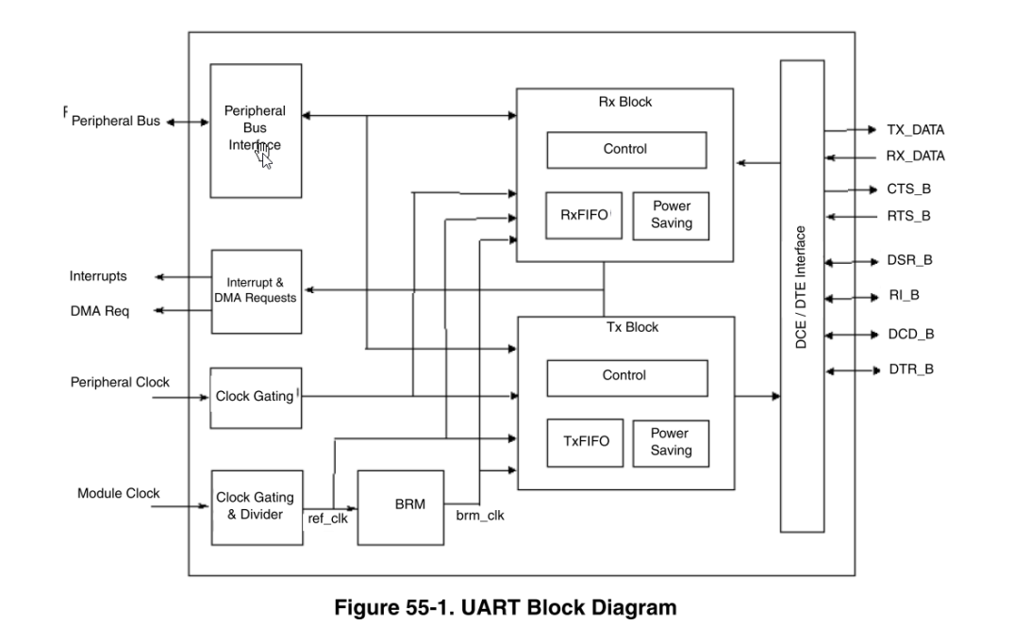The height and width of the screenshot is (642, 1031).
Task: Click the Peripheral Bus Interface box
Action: pyautogui.click(x=255, y=129)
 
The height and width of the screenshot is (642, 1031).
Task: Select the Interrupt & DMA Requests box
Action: pyautogui.click(x=256, y=290)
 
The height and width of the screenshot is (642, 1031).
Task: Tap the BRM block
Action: pyautogui.click(x=400, y=506)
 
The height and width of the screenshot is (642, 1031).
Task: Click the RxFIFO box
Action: pyautogui.click(x=584, y=215)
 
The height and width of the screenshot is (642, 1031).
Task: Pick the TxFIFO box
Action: pyautogui.click(x=585, y=442)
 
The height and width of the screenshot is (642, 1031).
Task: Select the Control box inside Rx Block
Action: pyautogui.click(x=625, y=149)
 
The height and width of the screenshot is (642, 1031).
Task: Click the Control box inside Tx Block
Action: pyautogui.click(x=625, y=377)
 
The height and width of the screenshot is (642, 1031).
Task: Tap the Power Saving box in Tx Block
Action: pyautogui.click(x=670, y=442)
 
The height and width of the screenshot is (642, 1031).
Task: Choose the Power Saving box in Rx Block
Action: pyautogui.click(x=670, y=215)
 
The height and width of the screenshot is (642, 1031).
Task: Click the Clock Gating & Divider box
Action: pyautogui.click(x=256, y=506)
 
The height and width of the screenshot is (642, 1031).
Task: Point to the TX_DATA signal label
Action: pyautogui.click(x=914, y=130)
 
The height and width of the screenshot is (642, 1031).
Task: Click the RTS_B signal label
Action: pyautogui.click(x=908, y=216)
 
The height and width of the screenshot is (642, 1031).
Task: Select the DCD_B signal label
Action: pyautogui.click(x=910, y=334)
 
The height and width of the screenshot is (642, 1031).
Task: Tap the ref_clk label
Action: pyautogui.click(x=327, y=518)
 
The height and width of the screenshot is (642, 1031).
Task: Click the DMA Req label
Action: pyautogui.click(x=99, y=311)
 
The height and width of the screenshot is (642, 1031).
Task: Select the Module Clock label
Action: pyautogui.click(x=118, y=493)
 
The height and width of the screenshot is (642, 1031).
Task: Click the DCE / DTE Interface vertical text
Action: pyautogui.click(x=801, y=288)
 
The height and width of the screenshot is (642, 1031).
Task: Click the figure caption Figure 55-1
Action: pyautogui.click(x=506, y=607)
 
